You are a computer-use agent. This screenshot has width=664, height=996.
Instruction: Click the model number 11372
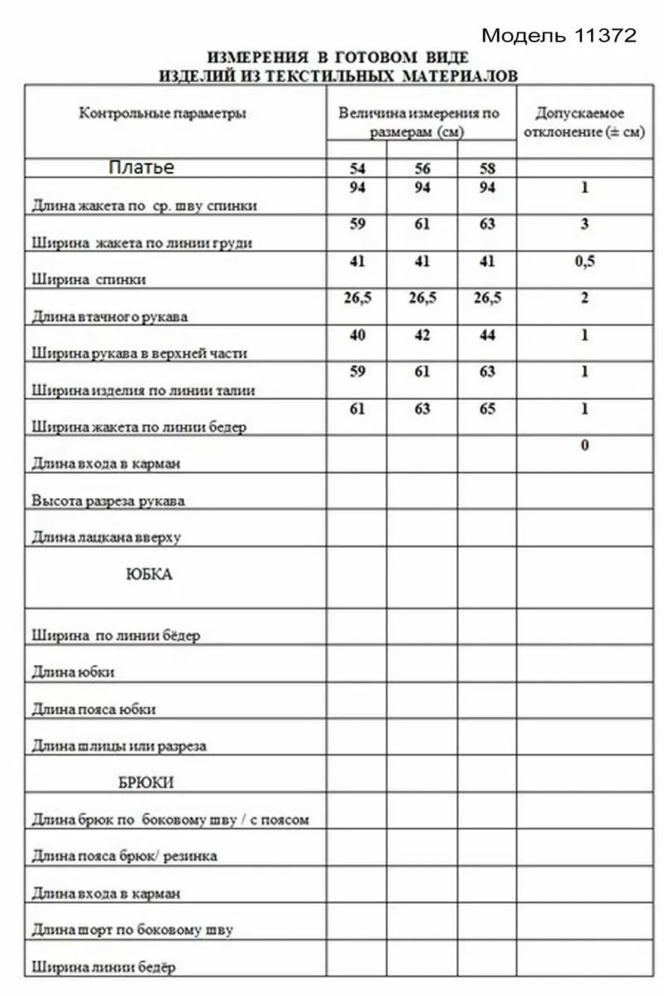606,35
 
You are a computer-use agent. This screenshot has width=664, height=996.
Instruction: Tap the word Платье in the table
141,167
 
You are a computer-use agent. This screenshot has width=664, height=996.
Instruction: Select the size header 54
357,168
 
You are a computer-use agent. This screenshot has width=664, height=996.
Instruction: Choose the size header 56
422,168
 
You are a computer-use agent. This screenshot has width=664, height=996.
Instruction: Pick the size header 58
487,168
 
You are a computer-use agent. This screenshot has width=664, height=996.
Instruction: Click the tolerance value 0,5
585,261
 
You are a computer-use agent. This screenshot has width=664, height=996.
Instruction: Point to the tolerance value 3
585,224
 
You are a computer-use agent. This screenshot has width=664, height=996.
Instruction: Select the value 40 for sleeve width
357,335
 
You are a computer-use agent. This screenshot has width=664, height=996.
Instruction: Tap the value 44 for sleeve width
487,335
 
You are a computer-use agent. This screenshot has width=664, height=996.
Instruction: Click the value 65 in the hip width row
487,409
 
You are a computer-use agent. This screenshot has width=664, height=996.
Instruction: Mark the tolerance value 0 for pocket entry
585,445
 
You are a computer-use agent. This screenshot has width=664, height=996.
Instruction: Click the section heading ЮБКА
149,575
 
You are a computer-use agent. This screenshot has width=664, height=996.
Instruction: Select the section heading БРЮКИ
146,783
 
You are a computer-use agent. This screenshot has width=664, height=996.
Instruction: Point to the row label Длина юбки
73,672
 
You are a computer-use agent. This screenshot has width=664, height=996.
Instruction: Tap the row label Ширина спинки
89,279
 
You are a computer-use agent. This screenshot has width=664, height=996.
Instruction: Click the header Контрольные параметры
162,114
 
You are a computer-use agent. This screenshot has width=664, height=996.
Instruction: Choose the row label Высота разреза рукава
108,500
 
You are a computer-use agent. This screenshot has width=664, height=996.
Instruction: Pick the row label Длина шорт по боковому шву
133,930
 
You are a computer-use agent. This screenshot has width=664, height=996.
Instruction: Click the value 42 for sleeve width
422,335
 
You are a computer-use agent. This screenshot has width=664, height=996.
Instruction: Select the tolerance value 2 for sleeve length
585,298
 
